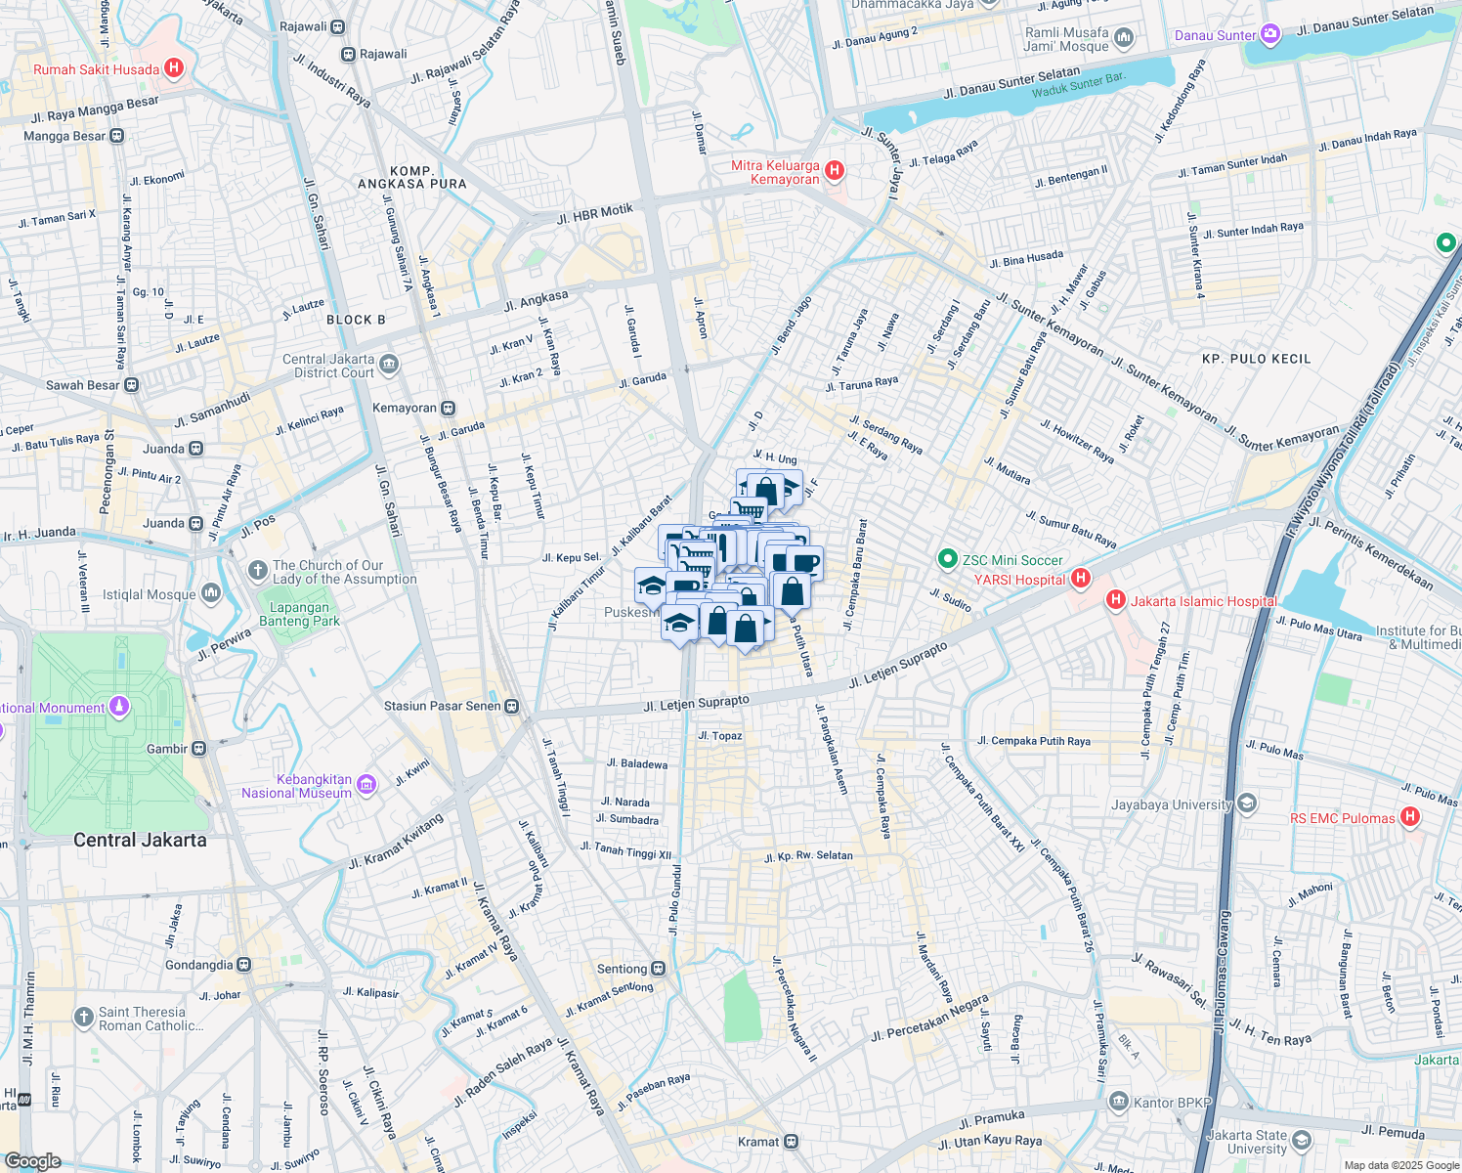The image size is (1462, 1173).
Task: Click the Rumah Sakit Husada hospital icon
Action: [174, 68]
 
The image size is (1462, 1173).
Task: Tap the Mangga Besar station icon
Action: [117, 136]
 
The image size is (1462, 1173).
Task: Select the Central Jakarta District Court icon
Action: [389, 366]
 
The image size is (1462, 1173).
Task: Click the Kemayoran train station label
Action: [405, 408]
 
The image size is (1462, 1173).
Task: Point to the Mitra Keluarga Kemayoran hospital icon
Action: [835, 171]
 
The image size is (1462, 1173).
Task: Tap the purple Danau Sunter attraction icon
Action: [1270, 35]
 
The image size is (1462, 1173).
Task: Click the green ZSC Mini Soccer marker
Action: [947, 559]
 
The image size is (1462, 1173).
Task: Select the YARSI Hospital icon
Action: [1080, 579]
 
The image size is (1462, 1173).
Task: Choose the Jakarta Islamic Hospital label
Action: [1203, 601]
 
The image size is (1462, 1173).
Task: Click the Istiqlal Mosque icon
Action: [211, 593]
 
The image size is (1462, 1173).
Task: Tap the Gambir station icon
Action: [199, 749]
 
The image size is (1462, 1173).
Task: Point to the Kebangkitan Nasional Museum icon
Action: [366, 785]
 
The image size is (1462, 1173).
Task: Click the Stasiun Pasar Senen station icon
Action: [511, 706]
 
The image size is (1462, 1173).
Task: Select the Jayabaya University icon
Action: [1246, 804]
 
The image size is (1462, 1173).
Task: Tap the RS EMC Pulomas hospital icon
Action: [1410, 817]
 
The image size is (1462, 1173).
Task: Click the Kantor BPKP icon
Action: [1119, 1102]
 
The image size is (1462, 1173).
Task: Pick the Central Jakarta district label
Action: [140, 840]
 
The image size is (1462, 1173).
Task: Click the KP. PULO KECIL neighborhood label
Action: [1256, 359]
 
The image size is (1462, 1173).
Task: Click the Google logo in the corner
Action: [32, 1161]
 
